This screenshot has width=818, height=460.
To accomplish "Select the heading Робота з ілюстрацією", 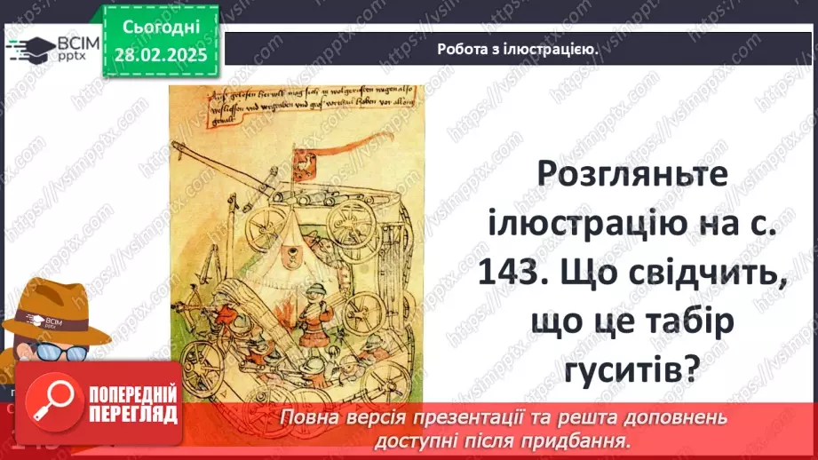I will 517,50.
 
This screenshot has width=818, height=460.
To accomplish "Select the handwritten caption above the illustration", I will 302,105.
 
